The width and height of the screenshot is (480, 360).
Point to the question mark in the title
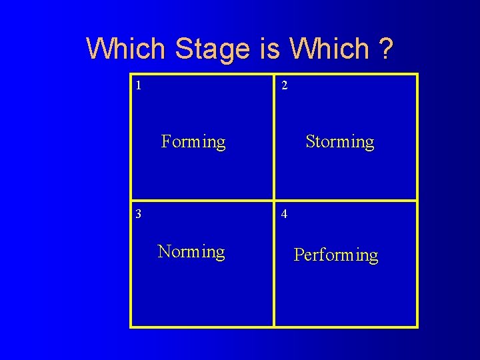pos(385,49)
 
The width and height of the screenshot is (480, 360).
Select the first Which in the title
pos(126,49)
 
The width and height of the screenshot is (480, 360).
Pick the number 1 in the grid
pos(138,85)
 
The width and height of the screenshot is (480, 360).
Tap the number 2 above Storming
pos(285,85)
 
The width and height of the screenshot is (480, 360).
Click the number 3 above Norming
pos(138,214)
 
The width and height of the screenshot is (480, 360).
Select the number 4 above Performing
pos(285,214)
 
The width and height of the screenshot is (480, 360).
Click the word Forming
pos(193,142)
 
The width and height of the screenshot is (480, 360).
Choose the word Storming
pos(339,142)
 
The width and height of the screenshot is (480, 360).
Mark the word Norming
pos(191,252)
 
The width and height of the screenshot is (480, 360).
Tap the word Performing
pos(336,255)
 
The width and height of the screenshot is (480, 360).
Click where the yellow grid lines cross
pos(274,200)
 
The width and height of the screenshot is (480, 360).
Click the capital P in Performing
pos(299,255)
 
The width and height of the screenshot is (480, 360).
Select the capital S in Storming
pos(310,141)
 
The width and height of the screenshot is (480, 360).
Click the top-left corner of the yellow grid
pos(131,74)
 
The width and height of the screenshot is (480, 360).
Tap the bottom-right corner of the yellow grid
pos(417,327)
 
